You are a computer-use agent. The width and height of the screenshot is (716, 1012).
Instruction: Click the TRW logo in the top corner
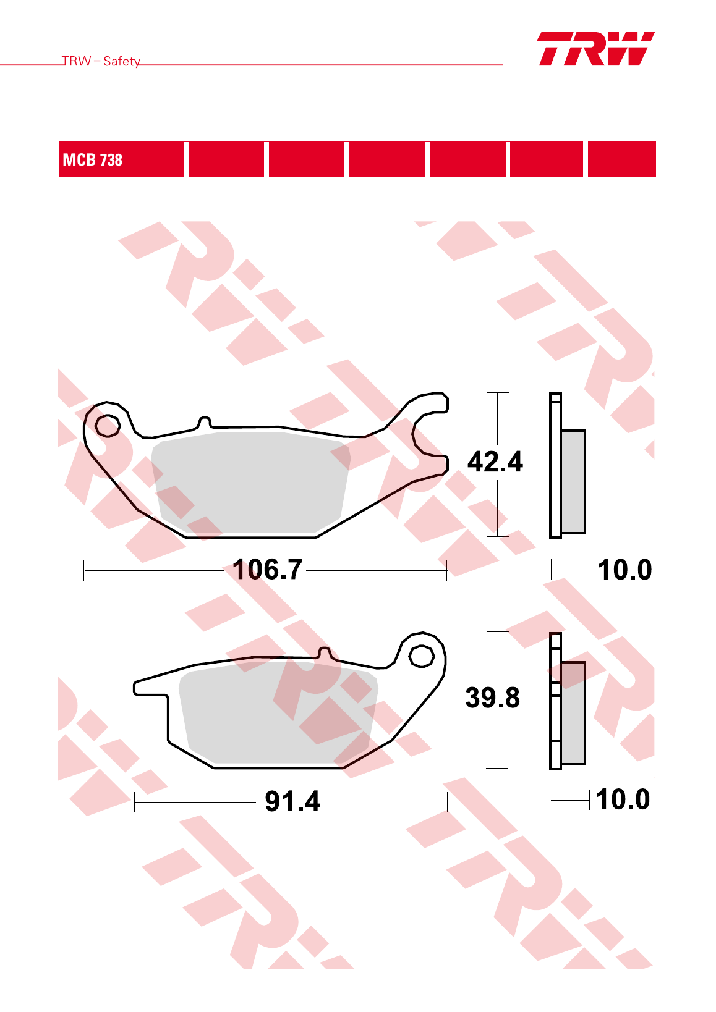tap(595, 49)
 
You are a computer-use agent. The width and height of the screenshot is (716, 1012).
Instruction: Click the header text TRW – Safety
tap(101, 61)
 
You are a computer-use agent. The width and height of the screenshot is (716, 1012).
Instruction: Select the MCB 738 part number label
tap(92, 159)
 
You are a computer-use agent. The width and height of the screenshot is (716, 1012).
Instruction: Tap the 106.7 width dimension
tap(267, 569)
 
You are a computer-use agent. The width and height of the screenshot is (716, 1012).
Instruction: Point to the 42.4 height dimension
tap(495, 462)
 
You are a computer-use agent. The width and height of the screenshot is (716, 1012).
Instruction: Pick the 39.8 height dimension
tap(492, 698)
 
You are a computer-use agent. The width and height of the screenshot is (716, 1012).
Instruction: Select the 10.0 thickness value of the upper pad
tap(624, 569)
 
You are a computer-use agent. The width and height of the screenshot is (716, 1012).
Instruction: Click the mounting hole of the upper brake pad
tap(108, 426)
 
